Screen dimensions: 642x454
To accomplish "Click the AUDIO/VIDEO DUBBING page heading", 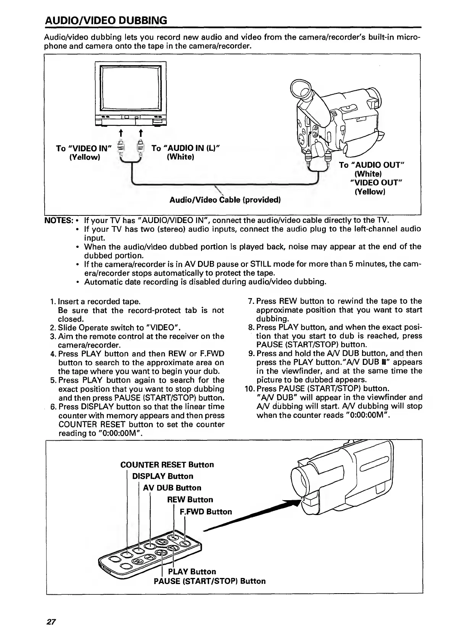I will pyautogui.click(x=106, y=20).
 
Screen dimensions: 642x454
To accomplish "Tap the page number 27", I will pyautogui.click(x=51, y=622).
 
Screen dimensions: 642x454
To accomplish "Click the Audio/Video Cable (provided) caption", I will pyautogui.click(x=225, y=200).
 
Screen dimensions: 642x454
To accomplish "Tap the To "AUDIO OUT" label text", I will pyautogui.click(x=372, y=165).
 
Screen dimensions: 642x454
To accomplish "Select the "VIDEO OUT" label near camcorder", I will pyautogui.click(x=374, y=182).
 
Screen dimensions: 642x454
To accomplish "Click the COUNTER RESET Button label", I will pyautogui.click(x=167, y=464).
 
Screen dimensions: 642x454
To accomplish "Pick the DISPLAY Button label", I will pyautogui.click(x=163, y=476).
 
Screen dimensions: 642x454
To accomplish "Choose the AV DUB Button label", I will pyautogui.click(x=172, y=488).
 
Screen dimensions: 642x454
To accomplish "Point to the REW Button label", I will pyautogui.click(x=190, y=499).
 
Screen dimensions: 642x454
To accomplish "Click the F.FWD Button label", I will pyautogui.click(x=206, y=512).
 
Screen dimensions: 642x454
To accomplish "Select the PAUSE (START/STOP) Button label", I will pyautogui.click(x=209, y=581).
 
